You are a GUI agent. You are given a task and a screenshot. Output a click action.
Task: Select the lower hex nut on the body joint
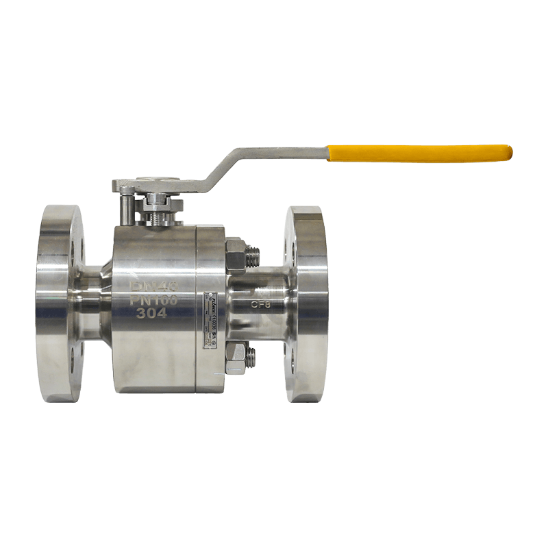(235, 358)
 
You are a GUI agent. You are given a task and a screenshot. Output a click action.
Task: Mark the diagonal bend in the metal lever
(219, 168)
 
